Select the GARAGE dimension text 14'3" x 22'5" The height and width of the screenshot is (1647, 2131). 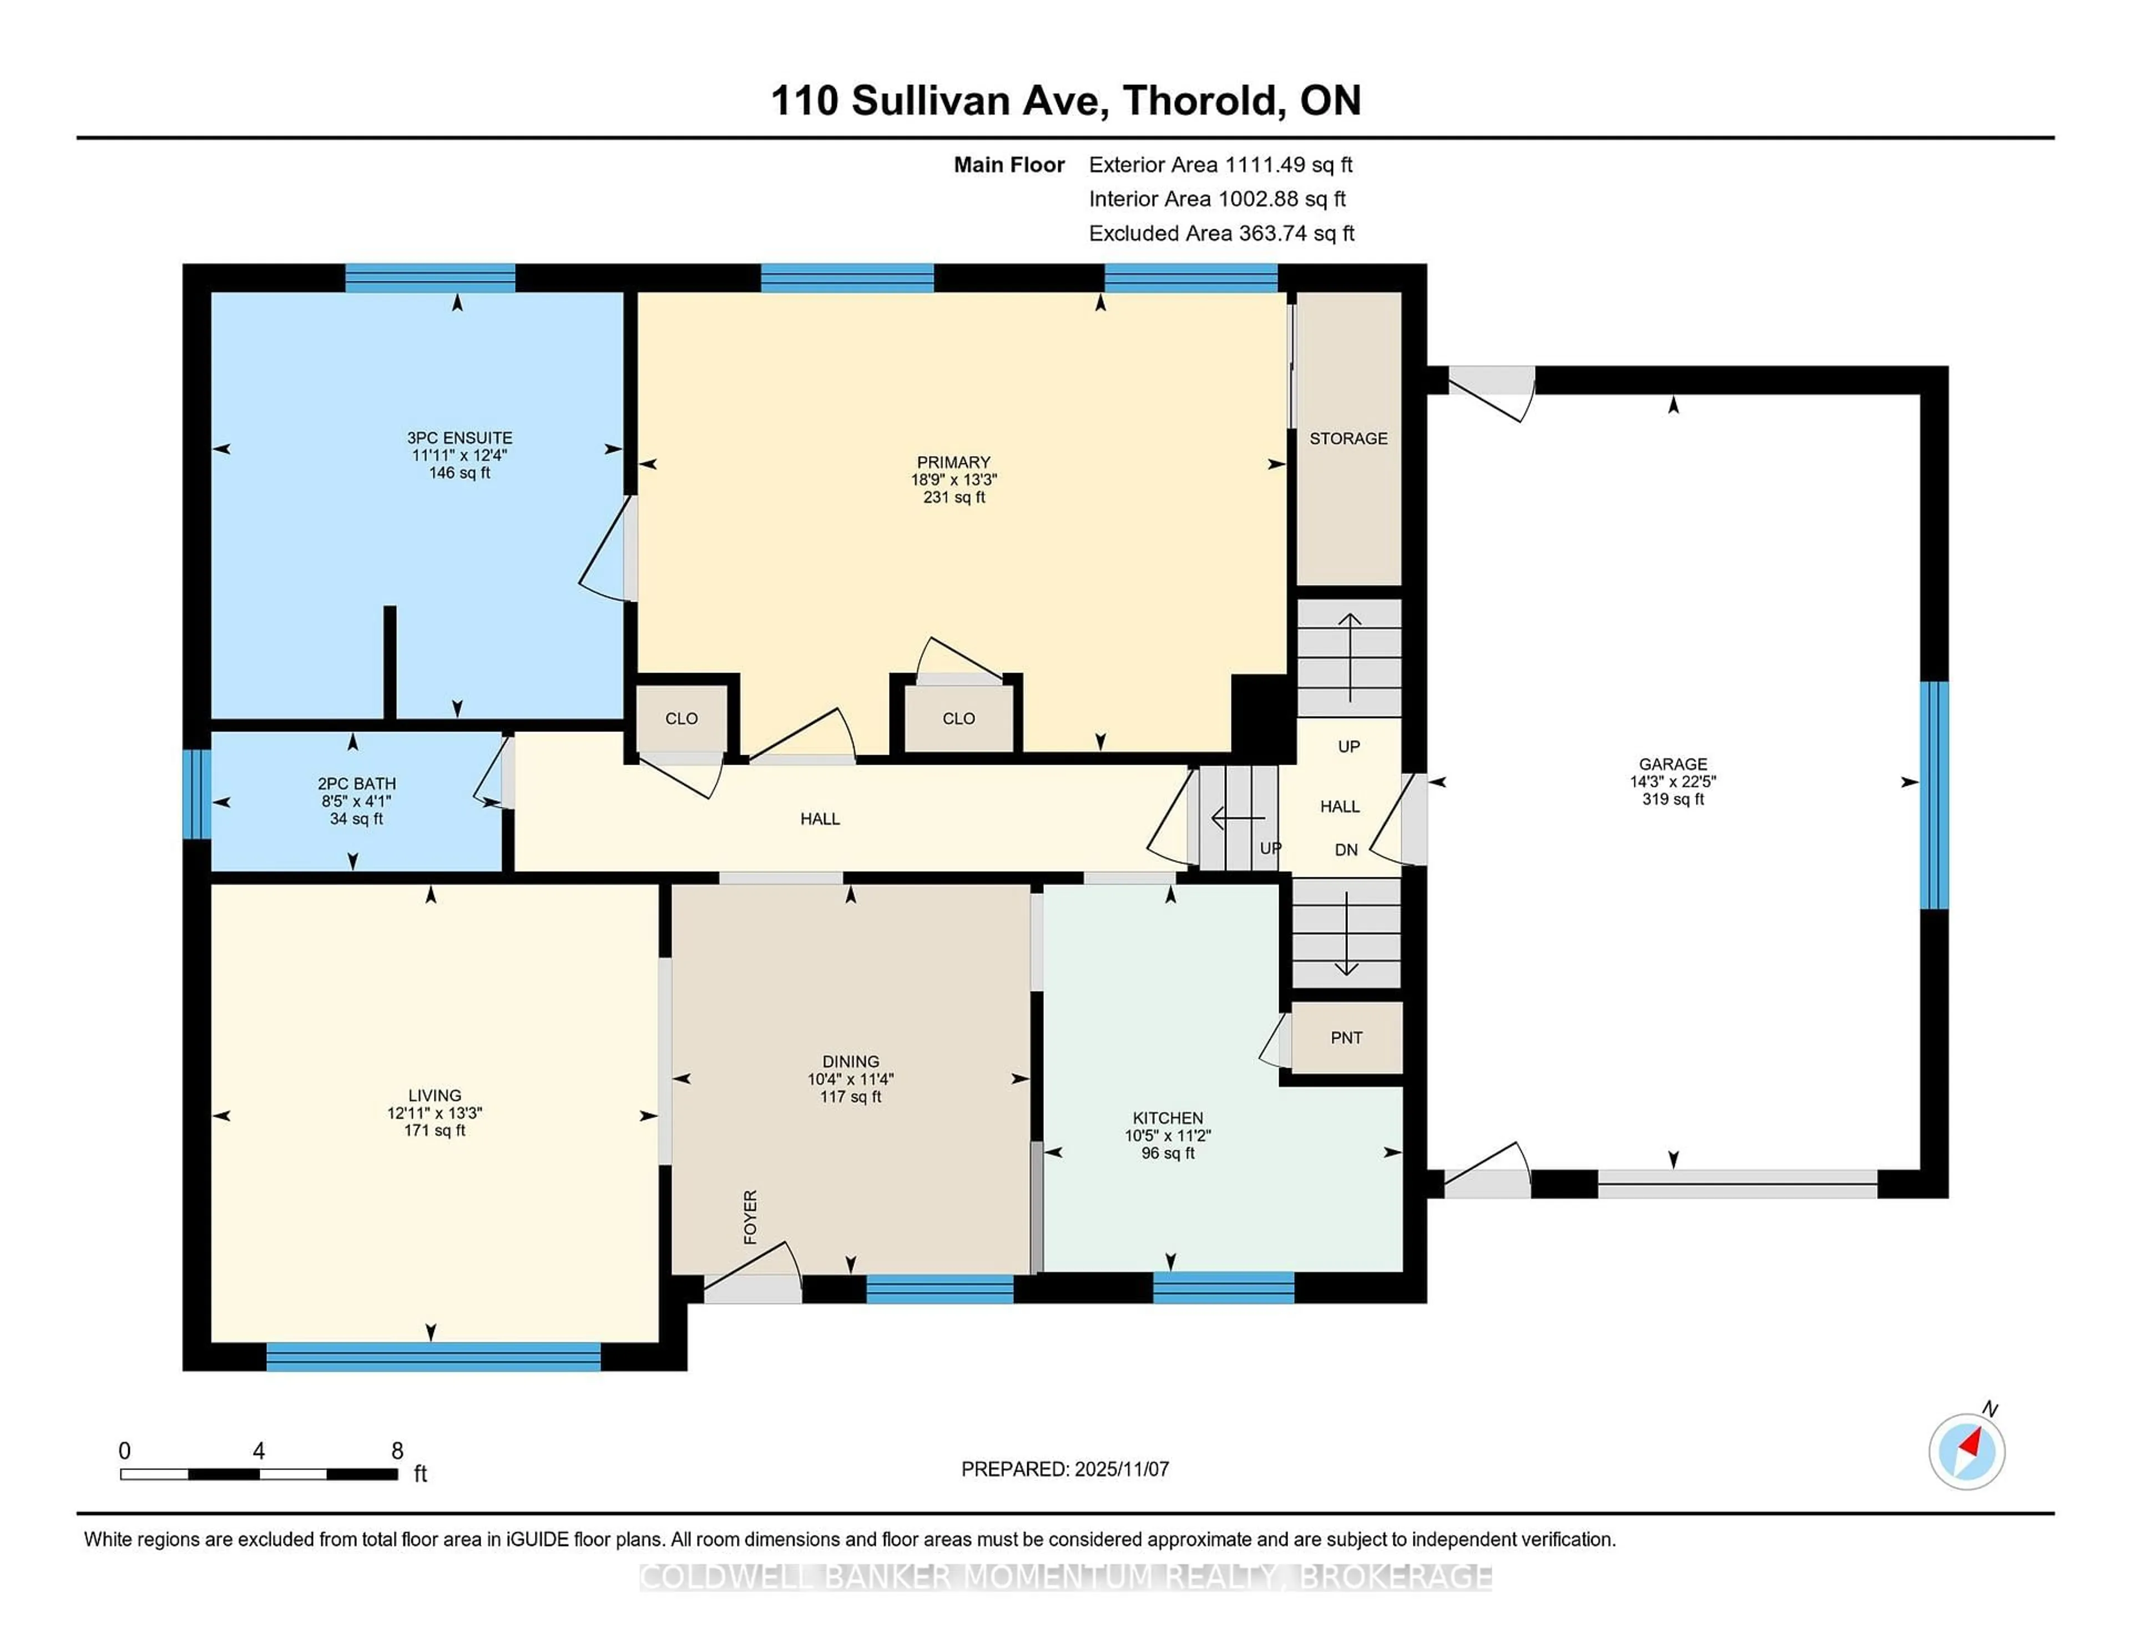1673,781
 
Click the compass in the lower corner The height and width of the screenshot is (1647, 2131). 1966,1451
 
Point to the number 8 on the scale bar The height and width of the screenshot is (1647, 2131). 397,1451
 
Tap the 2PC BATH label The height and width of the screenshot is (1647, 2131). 356,784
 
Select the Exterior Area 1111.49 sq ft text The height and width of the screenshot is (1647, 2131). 1221,165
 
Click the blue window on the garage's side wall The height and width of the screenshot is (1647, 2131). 1933,795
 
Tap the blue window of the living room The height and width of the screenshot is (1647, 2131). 433,1356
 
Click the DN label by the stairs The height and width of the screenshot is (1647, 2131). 1346,850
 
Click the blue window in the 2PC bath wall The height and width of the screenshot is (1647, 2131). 196,794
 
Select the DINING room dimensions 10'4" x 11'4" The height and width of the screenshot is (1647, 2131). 850,1079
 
